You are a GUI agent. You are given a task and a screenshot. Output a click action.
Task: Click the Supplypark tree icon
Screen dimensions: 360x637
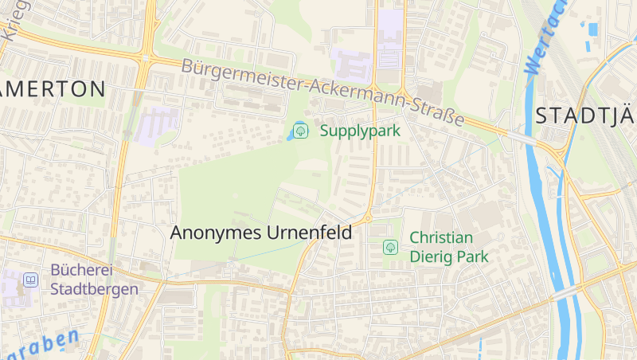pos(300,131)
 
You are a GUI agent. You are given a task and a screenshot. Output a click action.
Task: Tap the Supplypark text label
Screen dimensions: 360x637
pos(360,131)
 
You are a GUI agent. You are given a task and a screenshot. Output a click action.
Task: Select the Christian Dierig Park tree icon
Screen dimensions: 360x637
pos(390,247)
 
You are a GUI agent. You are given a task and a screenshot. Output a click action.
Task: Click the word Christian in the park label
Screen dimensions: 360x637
pos(441,237)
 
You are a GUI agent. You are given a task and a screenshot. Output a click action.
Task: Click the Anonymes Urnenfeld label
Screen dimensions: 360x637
pos(261,233)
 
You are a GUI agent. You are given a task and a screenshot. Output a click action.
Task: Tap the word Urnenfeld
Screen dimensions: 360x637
pos(307,233)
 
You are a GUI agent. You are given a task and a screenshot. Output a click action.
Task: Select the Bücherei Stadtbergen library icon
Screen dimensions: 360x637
pos(30,280)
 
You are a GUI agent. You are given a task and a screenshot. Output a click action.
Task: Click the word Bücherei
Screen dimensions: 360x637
pos(80,270)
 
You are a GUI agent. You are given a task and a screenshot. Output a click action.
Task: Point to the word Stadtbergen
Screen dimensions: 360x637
pos(94,289)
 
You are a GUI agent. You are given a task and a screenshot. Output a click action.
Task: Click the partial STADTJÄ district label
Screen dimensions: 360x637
pos(585,115)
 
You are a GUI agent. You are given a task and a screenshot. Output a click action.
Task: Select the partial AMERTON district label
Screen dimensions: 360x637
pos(53,88)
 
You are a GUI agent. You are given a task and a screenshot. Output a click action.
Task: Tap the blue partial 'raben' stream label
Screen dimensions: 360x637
pos(44,343)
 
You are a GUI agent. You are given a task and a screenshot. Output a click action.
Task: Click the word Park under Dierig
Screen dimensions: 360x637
pos(471,257)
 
